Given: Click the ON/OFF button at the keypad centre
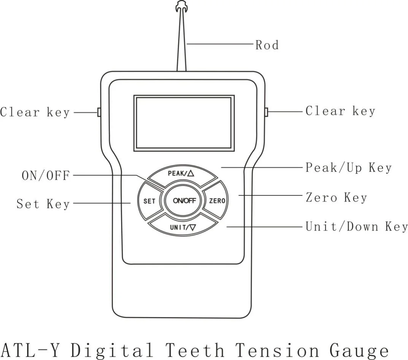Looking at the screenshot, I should [184, 201].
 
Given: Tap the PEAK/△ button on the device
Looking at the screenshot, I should [181, 174].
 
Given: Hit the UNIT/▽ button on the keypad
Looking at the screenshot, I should [183, 228].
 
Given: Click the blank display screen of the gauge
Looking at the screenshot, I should [184, 123].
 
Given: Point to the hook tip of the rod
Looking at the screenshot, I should [181, 6].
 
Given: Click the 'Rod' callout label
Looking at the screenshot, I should [267, 45].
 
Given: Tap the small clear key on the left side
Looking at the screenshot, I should [99, 112].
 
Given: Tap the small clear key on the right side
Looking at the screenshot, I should [266, 112].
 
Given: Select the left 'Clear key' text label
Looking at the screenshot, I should [35, 113].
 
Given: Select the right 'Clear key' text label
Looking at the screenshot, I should [340, 111].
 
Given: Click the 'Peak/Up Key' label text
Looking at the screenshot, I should [348, 168].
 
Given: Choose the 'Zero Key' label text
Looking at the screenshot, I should [336, 197].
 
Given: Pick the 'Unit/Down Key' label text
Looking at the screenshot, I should [357, 227].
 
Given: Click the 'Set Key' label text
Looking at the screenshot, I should [43, 204].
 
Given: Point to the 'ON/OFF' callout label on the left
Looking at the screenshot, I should [46, 176].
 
